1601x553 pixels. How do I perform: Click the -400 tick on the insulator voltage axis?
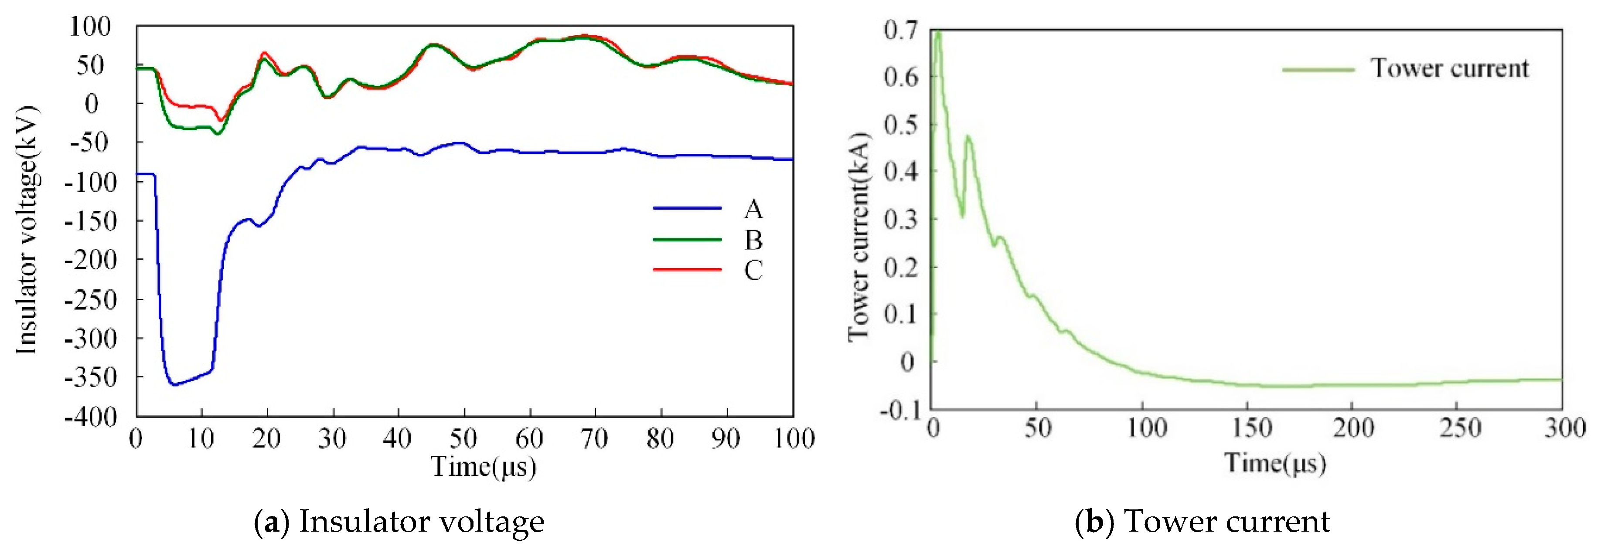click(x=91, y=417)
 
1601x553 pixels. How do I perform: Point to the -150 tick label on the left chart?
click(x=91, y=221)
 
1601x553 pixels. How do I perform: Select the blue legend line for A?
click(x=687, y=209)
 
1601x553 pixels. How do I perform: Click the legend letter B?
click(x=753, y=240)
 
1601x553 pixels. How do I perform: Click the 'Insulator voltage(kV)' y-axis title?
click(x=27, y=230)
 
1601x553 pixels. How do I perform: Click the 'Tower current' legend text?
click(x=1449, y=68)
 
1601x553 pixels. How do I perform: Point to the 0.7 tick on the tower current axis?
click(x=901, y=30)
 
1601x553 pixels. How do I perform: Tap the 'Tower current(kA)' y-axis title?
click(x=859, y=236)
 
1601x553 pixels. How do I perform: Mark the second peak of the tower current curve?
click(x=967, y=136)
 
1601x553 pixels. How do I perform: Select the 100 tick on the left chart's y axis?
click(x=91, y=27)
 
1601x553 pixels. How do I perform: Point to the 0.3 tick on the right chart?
click(x=901, y=219)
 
